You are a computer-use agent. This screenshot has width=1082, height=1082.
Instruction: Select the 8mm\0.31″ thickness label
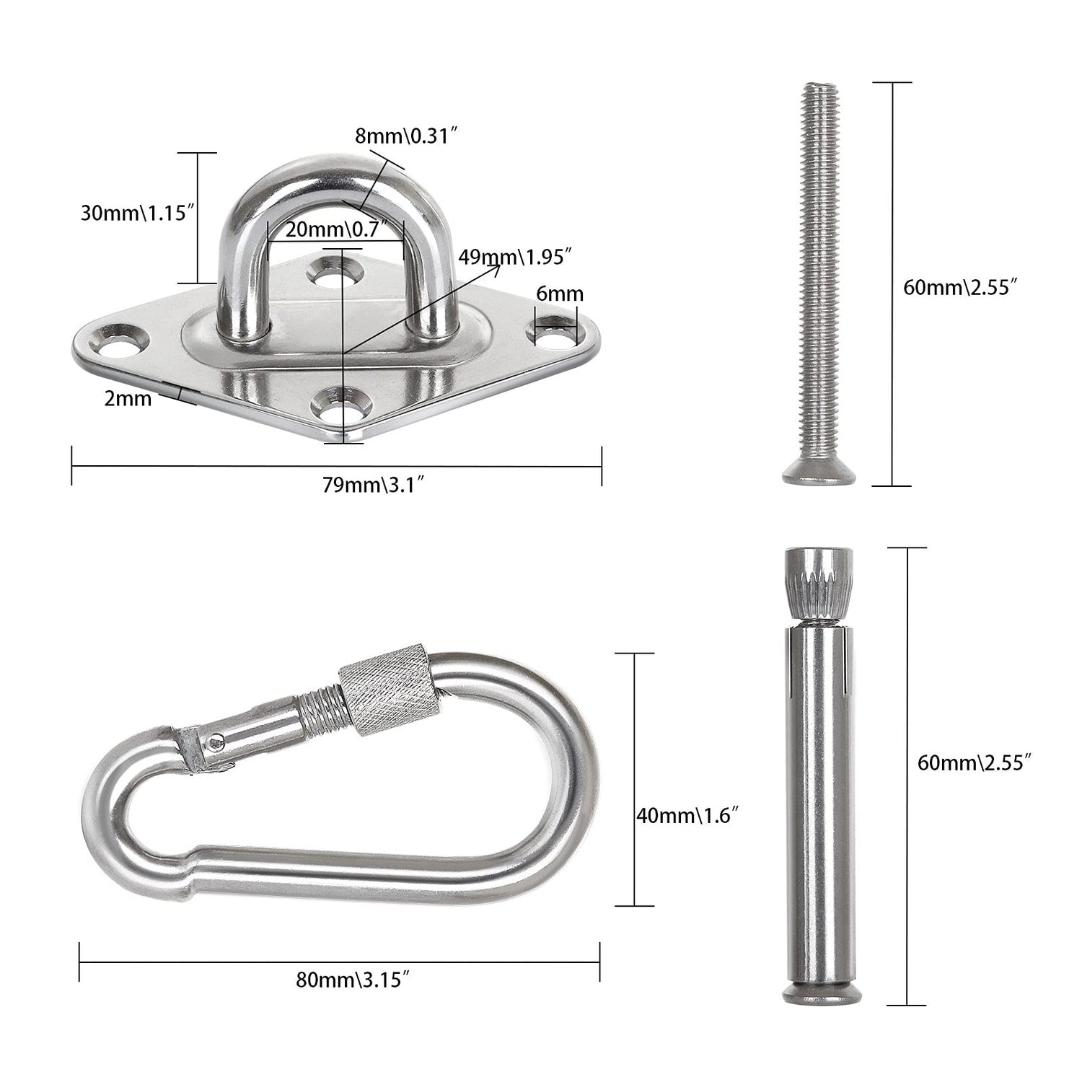[x=408, y=136]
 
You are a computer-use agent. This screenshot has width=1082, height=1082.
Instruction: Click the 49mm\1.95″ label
[x=516, y=256]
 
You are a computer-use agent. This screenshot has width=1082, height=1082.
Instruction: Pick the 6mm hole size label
[x=559, y=294]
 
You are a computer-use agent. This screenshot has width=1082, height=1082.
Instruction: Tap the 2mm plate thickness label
[x=128, y=398]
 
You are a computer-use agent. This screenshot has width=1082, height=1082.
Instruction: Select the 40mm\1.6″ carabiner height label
[x=687, y=816]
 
